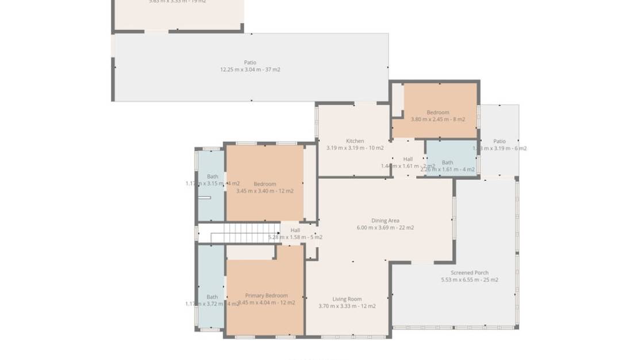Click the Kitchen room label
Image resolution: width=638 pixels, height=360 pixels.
[x=355, y=141]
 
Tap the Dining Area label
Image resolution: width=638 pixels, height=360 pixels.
[x=385, y=220]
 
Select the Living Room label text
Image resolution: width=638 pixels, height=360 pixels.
[x=347, y=299]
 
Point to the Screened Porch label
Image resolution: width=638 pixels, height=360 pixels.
[x=470, y=273]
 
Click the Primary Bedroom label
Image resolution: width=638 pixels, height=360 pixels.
[x=266, y=295]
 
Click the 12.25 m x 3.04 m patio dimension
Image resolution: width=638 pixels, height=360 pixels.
[x=250, y=70]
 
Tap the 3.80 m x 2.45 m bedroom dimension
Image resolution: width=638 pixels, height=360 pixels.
[x=438, y=120]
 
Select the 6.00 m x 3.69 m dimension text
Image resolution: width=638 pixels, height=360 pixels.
[x=385, y=228]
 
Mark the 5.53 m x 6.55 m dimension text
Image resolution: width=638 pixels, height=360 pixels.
[x=470, y=280]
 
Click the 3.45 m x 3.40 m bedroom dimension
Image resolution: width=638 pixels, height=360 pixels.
[x=265, y=191]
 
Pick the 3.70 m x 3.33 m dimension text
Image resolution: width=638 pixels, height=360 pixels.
[x=347, y=306]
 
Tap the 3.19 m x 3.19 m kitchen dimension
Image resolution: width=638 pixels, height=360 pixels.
[x=355, y=148]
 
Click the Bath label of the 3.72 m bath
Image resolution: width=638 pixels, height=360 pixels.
[x=212, y=297]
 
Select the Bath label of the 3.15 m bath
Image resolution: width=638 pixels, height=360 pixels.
[x=213, y=177]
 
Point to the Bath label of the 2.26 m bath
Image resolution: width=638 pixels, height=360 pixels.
[x=447, y=163]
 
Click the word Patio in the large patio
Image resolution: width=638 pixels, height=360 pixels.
[x=250, y=63]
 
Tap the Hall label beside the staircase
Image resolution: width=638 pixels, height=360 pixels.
[x=295, y=230]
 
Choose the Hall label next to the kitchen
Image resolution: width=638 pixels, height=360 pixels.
[x=408, y=159]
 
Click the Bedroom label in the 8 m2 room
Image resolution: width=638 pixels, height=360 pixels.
[x=438, y=113]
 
